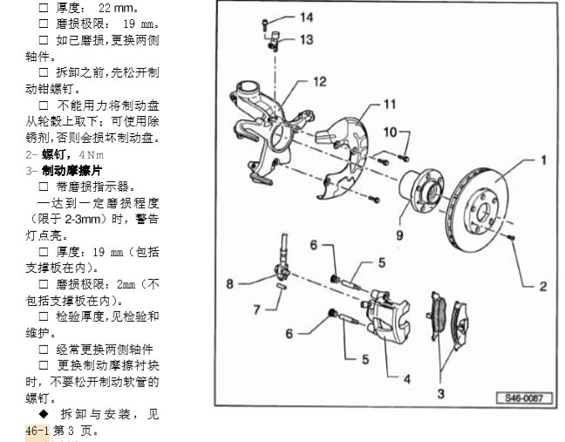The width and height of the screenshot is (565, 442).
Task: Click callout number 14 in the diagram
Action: tap(306, 17)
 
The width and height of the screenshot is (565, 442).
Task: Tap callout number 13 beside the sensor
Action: tap(306, 40)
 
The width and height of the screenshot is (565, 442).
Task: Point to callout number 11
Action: tap(388, 105)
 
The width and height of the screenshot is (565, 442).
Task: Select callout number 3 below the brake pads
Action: tap(441, 394)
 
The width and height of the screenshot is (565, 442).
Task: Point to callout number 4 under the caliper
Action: tap(406, 378)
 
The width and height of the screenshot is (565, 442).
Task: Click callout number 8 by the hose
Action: tap(230, 282)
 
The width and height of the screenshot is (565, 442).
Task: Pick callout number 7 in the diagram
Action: tap(256, 309)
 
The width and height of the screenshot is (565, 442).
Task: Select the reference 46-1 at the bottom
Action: tap(38, 430)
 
